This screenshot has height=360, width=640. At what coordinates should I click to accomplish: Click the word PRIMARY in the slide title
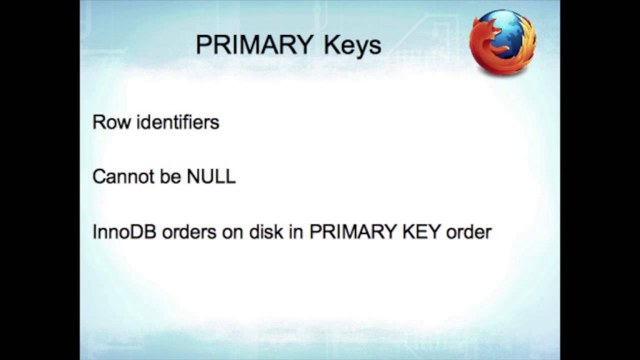point(255,44)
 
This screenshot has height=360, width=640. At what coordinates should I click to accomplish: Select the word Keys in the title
point(352,46)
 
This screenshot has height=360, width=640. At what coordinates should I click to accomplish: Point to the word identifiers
point(178,122)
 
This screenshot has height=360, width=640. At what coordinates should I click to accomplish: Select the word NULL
point(211,177)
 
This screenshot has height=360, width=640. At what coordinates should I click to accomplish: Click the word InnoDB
point(124,232)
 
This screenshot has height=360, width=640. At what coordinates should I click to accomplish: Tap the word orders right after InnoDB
point(189,232)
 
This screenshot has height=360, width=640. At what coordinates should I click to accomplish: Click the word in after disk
point(296,232)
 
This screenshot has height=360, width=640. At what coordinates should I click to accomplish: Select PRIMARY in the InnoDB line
point(352,232)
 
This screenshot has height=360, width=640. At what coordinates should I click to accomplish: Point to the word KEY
point(421,232)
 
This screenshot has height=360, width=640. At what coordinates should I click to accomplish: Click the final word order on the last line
point(469,232)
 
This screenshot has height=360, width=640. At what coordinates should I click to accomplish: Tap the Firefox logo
point(503,42)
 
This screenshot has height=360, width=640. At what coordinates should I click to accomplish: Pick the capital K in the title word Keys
point(331,44)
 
